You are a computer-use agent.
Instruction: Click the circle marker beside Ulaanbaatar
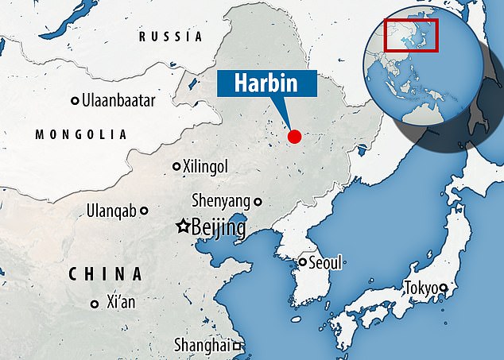point(76,101)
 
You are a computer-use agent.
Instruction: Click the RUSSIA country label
point(170,37)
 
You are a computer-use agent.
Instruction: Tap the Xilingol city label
point(211,167)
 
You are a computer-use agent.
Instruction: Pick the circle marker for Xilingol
point(176,167)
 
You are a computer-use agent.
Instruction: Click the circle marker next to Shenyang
point(258,202)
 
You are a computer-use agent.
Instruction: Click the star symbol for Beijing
point(182,227)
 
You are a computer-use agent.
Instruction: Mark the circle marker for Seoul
point(303,261)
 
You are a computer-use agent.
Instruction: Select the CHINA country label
point(105,274)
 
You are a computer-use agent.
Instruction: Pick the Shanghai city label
point(203,345)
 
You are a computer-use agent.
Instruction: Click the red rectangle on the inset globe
point(411,36)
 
